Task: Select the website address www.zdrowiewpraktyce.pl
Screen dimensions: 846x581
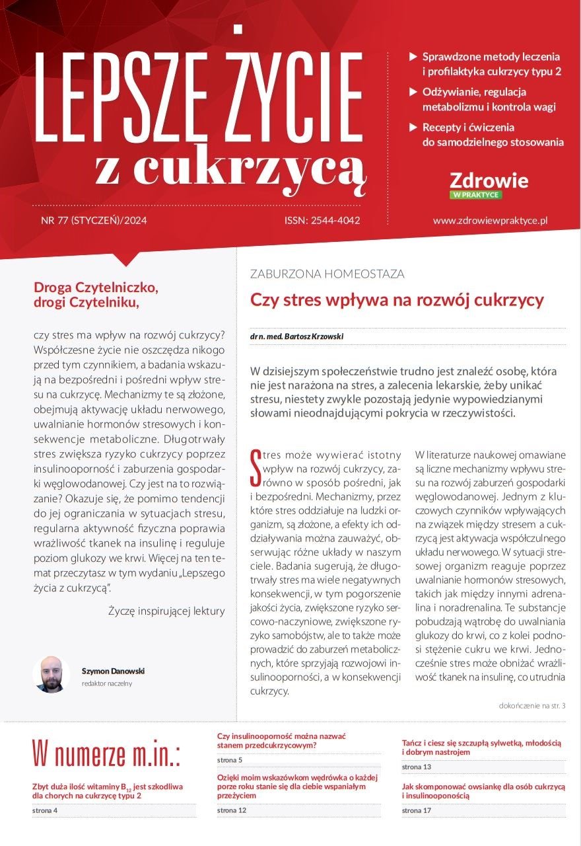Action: (491, 221)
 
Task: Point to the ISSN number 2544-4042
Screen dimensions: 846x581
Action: (322, 221)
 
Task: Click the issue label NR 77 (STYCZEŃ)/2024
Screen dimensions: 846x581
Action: (94, 221)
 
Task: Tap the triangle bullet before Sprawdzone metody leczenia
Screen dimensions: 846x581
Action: (413, 57)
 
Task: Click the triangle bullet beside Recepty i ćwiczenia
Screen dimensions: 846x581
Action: (413, 127)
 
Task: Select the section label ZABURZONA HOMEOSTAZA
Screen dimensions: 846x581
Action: (327, 274)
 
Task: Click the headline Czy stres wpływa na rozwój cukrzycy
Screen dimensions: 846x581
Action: (396, 300)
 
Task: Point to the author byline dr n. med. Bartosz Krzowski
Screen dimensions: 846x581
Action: (296, 336)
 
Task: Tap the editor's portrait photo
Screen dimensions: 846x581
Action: (51, 674)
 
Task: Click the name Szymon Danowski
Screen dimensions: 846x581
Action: (113, 671)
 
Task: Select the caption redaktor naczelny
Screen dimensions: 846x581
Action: (106, 683)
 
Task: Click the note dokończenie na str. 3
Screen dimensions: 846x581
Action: (532, 706)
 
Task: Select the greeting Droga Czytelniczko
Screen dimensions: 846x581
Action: (96, 288)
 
